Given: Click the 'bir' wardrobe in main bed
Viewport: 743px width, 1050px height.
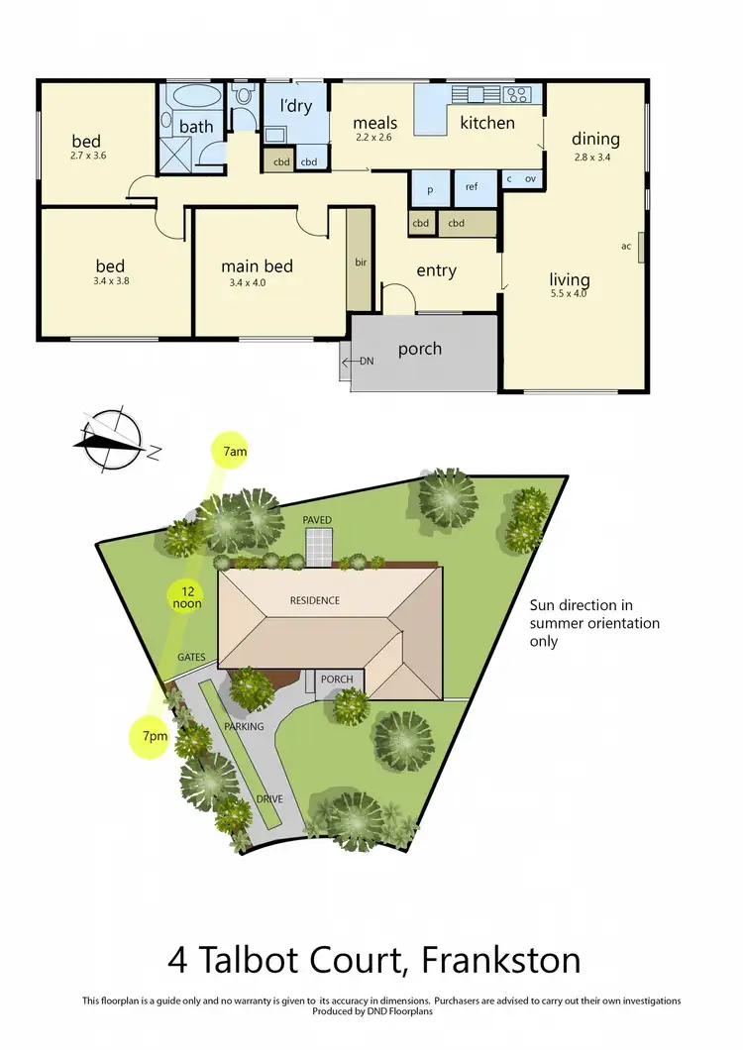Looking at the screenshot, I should [359, 262].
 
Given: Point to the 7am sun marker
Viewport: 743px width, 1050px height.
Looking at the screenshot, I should [234, 453].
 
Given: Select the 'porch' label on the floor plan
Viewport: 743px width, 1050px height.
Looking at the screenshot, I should [419, 349].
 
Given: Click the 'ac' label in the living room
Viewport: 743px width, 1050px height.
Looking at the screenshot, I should [626, 246].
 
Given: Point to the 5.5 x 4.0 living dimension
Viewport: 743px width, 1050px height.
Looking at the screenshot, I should [568, 293].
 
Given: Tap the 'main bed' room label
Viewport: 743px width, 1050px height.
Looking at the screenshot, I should [257, 265].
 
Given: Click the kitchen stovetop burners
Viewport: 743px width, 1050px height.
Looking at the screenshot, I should [517, 95].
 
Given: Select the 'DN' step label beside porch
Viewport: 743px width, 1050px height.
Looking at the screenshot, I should [366, 362].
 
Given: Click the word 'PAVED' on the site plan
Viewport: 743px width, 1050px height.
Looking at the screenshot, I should [317, 520].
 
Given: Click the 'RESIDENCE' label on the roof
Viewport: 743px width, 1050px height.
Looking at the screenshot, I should [315, 600].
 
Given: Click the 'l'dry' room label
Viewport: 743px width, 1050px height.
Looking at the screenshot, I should [295, 106].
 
